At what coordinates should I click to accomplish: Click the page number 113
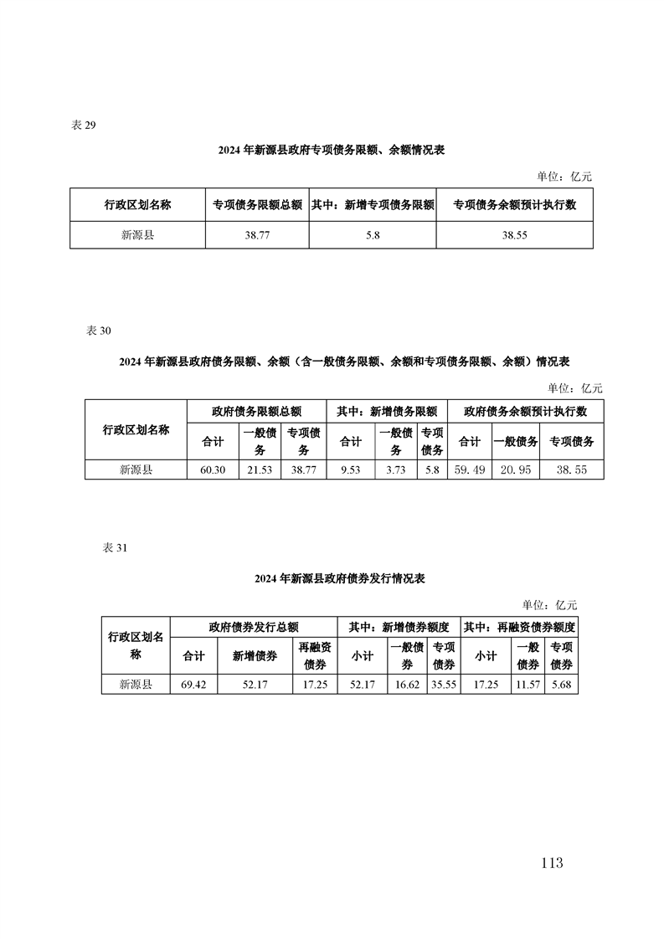[x=551, y=863]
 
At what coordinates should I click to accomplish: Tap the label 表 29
[x=83, y=126]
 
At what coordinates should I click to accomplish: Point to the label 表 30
[x=99, y=331]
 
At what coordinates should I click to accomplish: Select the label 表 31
[x=115, y=548]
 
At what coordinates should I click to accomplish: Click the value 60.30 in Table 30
[x=213, y=470]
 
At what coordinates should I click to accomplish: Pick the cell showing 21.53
[x=260, y=470]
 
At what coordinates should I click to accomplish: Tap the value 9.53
[x=351, y=470]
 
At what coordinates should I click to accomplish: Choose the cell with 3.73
[x=396, y=470]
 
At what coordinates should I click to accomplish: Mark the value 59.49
[x=470, y=470]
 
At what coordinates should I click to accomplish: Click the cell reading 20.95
[x=516, y=470]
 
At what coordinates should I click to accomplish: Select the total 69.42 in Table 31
[x=193, y=685]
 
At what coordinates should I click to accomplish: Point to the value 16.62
[x=408, y=685]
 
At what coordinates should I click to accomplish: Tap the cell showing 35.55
[x=444, y=685]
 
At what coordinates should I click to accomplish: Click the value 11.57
[x=528, y=685]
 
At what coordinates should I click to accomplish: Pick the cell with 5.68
[x=562, y=685]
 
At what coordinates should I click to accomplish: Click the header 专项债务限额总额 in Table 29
[x=257, y=205]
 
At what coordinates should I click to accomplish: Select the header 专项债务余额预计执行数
[x=514, y=205]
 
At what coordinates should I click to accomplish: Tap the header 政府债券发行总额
[x=254, y=627]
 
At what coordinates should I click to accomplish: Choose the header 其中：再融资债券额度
[x=519, y=627]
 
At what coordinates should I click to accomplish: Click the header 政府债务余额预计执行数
[x=526, y=412]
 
